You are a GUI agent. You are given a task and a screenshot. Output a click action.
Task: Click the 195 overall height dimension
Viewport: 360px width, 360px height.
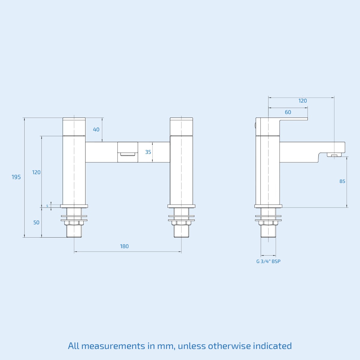16,177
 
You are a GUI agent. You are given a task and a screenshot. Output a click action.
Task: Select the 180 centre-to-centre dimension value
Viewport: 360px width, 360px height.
124,246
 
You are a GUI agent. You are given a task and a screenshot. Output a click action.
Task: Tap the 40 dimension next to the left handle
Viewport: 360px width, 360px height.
96,130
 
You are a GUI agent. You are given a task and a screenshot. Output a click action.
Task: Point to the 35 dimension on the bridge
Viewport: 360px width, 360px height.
148,152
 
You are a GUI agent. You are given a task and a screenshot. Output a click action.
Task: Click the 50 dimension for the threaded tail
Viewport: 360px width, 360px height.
36,223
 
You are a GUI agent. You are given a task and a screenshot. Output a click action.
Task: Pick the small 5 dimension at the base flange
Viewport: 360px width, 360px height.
47,206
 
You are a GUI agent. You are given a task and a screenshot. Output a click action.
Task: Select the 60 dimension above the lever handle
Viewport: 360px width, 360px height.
288,112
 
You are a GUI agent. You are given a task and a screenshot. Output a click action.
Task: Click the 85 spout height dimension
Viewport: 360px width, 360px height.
342,181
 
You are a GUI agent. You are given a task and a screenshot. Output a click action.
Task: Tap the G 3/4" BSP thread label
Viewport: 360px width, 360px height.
268,261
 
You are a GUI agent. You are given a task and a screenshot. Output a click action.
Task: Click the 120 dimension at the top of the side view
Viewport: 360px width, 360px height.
303,101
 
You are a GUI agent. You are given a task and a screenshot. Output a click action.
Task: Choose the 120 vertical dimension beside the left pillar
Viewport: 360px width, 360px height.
36,172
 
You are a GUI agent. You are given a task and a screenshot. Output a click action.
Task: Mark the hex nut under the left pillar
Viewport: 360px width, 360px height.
74,223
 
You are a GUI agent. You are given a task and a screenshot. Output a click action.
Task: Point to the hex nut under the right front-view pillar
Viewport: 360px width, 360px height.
181,223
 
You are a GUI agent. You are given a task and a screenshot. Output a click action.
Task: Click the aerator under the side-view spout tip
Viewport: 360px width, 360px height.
334,155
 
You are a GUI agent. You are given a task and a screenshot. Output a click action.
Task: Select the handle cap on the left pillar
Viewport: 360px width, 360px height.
74,127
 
